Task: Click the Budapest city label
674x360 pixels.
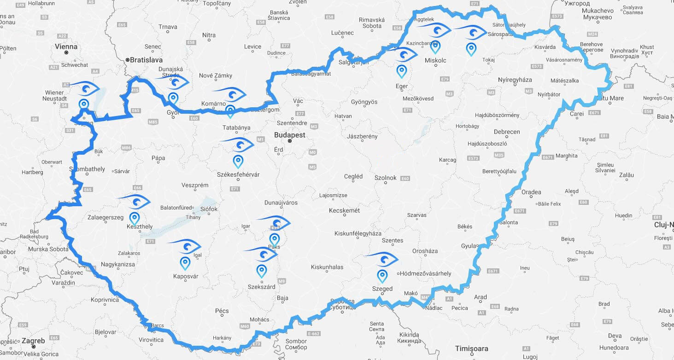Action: [x=289, y=135]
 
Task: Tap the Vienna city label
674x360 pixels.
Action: [x=66, y=46]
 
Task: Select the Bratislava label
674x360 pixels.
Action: [x=146, y=60]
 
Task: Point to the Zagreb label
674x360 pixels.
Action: [x=34, y=341]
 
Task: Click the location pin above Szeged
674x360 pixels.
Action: [x=382, y=276]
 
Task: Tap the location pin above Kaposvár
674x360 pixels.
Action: [x=185, y=263]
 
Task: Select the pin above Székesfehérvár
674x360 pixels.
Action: [x=238, y=161]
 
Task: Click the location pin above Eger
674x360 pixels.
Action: [x=402, y=71]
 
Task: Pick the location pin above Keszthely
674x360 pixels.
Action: [x=135, y=218]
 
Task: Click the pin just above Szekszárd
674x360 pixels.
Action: [x=262, y=271]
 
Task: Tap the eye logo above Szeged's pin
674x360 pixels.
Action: [x=382, y=259]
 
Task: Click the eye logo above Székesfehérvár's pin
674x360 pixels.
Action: [x=238, y=145]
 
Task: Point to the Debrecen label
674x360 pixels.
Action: [x=507, y=132]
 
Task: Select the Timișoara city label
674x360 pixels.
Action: [x=471, y=348]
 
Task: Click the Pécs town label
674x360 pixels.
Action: [x=222, y=311]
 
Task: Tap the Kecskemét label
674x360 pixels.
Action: [x=344, y=210]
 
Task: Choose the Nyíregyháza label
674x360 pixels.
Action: [x=515, y=80]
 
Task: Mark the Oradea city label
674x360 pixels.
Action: [x=531, y=192]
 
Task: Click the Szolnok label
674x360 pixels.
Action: [x=385, y=177]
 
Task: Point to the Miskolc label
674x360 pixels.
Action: [x=435, y=60]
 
